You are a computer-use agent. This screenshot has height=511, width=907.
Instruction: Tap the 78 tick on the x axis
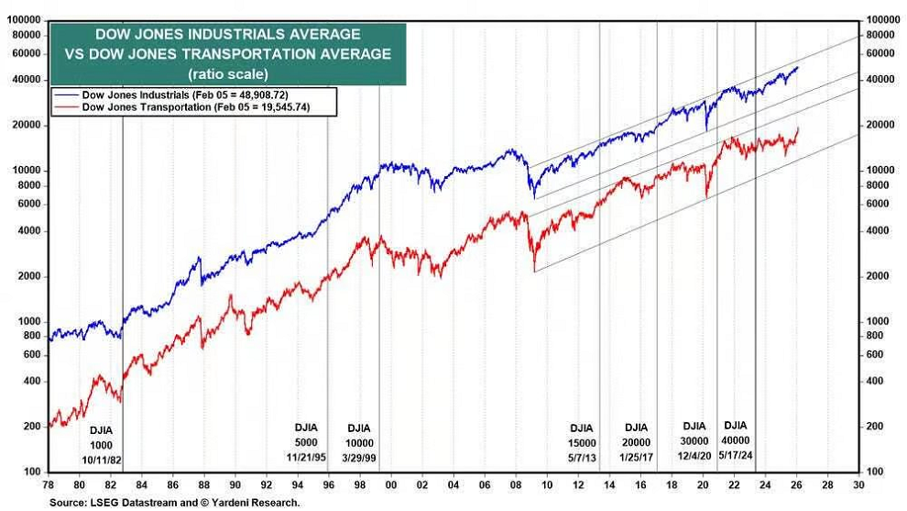[x=48, y=484]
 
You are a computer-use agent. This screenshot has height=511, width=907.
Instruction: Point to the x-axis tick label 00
[x=391, y=484]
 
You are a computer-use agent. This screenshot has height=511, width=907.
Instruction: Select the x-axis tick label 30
[x=858, y=484]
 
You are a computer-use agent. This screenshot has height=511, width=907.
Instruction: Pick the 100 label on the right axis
[x=875, y=472]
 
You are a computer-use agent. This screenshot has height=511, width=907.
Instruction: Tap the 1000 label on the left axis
[x=29, y=321]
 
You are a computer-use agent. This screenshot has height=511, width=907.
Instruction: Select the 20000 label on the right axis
[x=880, y=125]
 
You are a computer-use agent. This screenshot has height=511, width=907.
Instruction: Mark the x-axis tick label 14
[x=609, y=484]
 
